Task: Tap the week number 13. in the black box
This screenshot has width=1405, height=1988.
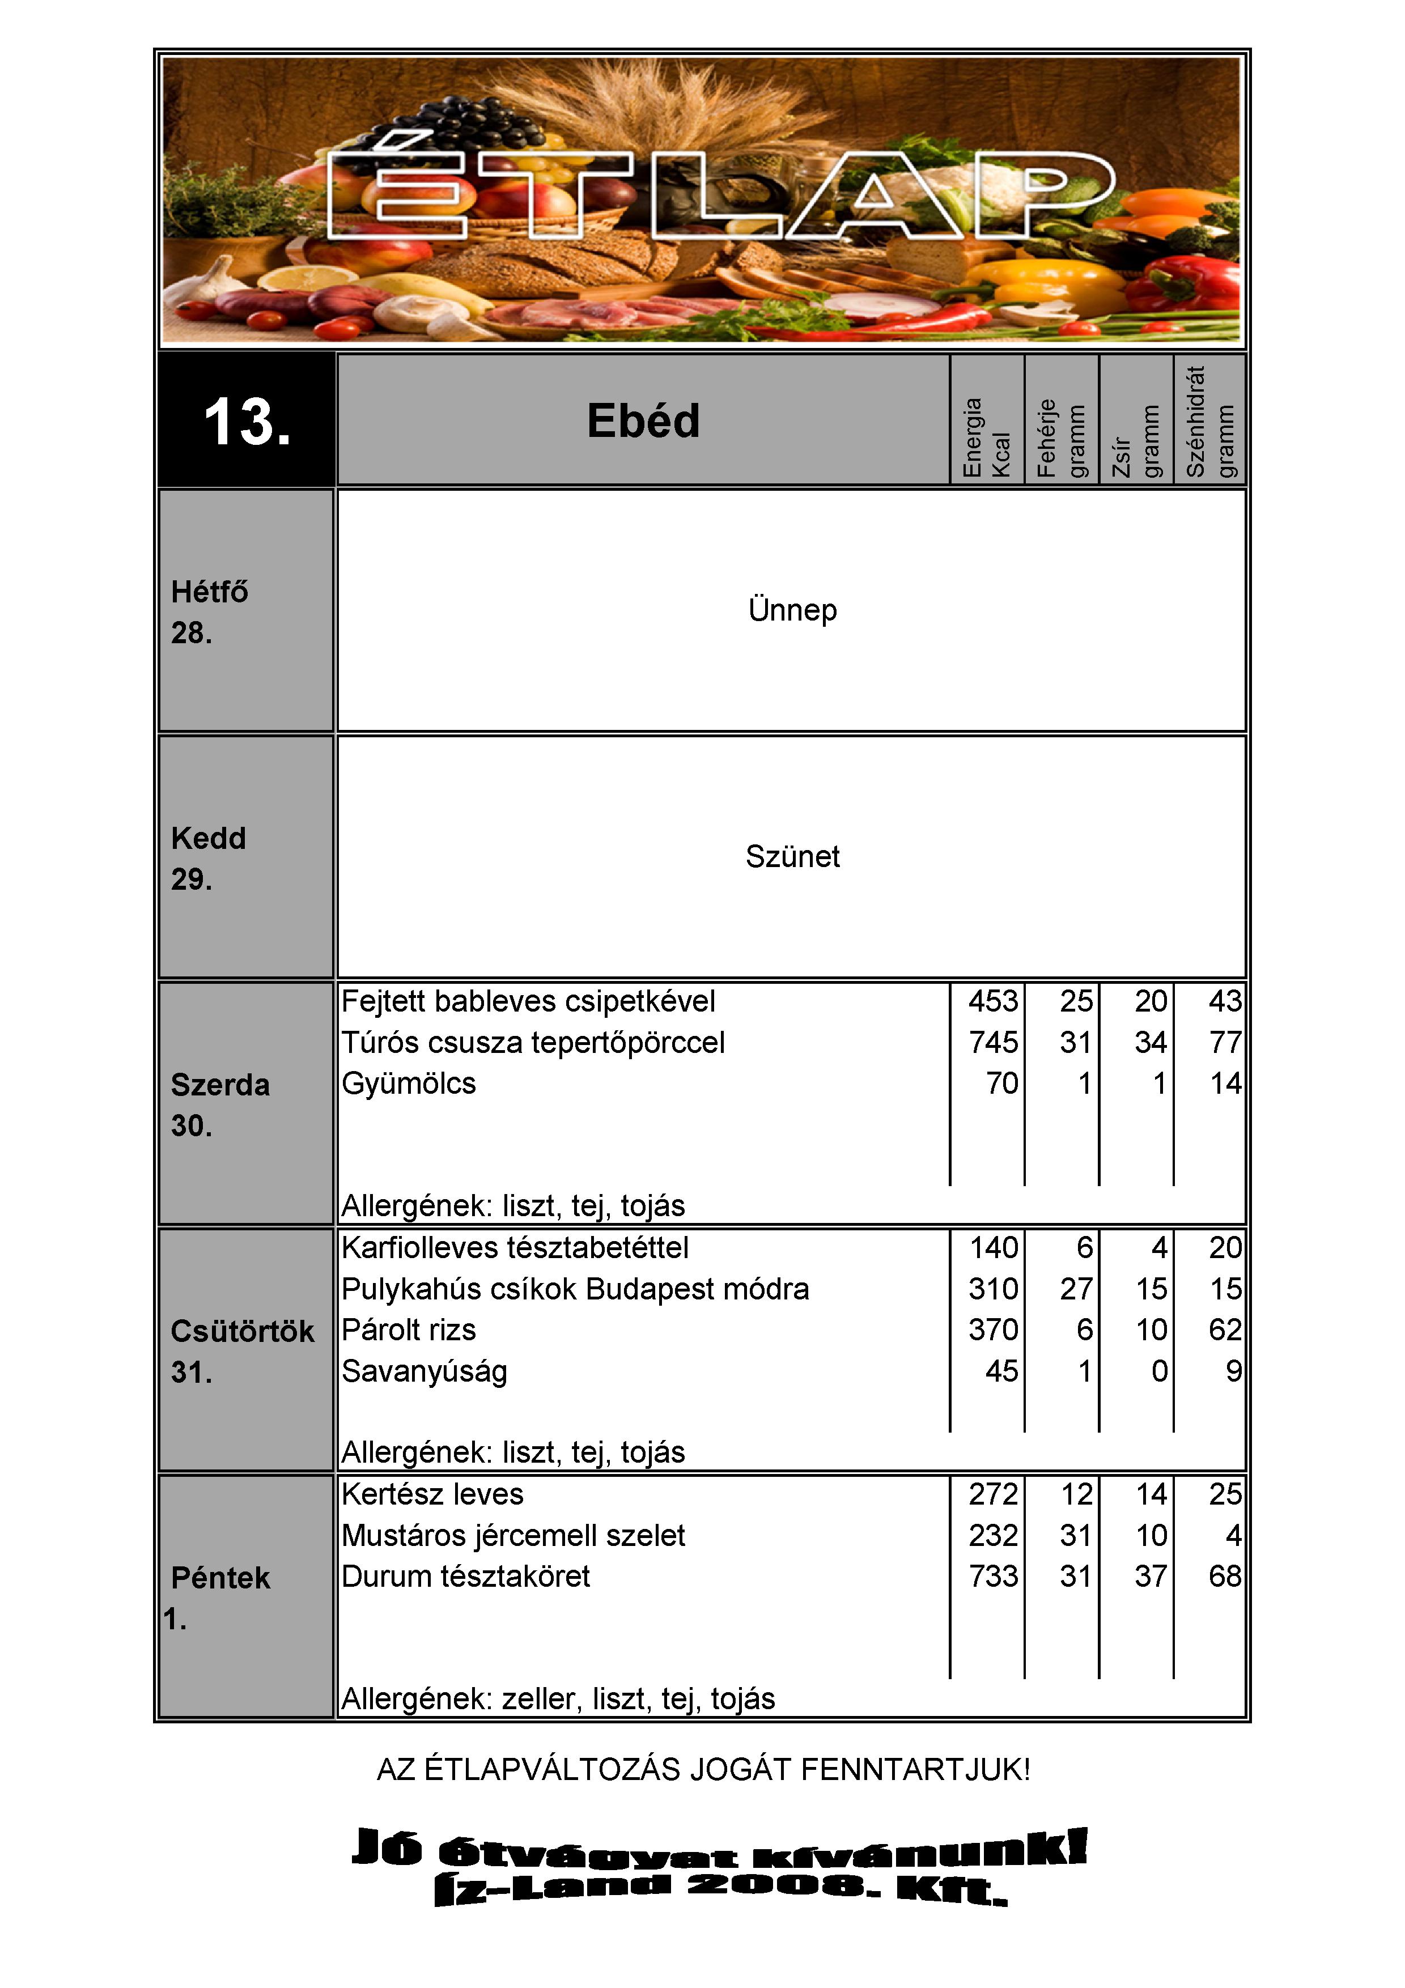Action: coord(247,422)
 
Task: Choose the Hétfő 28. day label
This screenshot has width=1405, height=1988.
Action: coord(210,612)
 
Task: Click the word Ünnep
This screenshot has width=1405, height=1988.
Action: coord(792,610)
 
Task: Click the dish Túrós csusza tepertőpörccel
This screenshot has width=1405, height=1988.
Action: coord(532,1043)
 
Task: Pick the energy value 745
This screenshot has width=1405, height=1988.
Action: coord(993,1043)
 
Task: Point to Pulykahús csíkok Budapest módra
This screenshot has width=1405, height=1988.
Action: coord(575,1289)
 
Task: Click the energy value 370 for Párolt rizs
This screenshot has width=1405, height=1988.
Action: coord(993,1330)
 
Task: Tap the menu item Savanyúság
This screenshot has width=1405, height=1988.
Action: coord(424,1371)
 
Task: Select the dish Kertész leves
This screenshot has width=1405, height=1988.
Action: coord(432,1494)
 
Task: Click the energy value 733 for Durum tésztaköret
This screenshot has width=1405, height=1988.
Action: coord(993,1577)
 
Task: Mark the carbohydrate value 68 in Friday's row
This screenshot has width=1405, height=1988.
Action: coord(1225,1577)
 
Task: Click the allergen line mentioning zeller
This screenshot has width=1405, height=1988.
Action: coord(558,1699)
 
